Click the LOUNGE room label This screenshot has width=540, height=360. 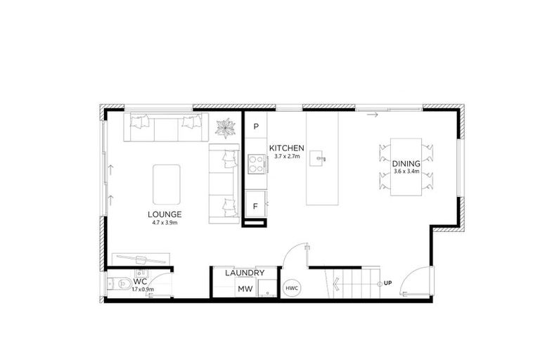coord(165,214)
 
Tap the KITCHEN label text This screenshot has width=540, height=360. coord(286,148)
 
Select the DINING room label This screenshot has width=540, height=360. coord(406,163)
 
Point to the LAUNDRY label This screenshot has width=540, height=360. coord(244,273)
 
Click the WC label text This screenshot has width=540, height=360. coord(139,281)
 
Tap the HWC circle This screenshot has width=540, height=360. coord(291,288)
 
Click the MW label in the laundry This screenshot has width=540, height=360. coord(245,288)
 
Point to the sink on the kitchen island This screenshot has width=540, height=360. coord(321,158)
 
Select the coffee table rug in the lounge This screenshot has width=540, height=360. coord(166,180)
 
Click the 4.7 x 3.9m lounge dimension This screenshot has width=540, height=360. coord(165,222)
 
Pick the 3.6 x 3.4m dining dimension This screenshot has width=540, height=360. coord(406,171)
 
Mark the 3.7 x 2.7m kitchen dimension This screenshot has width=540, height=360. coord(286,156)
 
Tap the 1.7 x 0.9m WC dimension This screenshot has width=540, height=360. coord(143,289)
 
